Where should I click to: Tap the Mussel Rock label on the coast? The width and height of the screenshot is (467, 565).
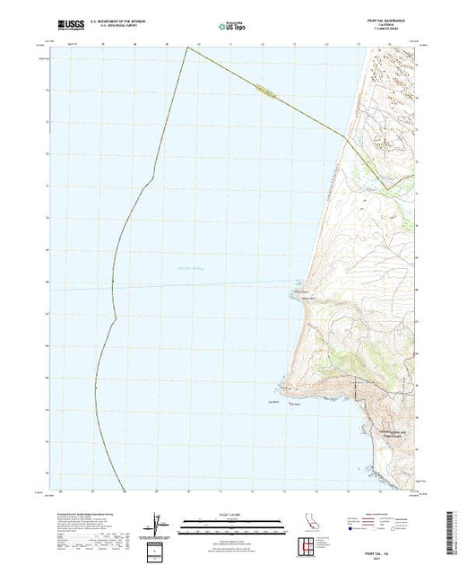(x=302, y=290)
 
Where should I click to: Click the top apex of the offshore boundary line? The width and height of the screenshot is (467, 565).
(x=186, y=47)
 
